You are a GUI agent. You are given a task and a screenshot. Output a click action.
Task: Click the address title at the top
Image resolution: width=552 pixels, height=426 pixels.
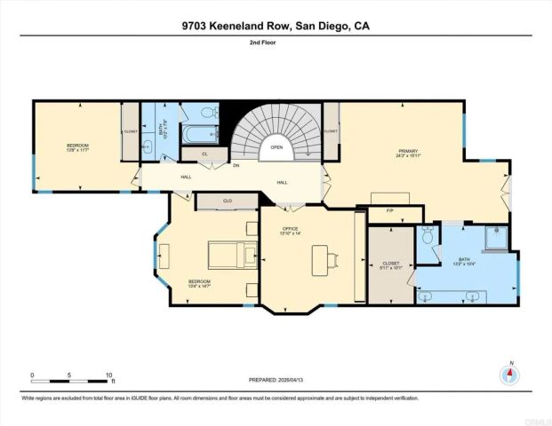pyautogui.click(x=276, y=27)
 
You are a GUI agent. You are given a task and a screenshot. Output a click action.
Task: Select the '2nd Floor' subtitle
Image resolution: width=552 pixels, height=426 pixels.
pyautogui.click(x=276, y=42)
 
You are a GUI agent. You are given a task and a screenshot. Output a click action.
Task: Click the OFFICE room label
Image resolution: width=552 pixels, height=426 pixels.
pyautogui.click(x=292, y=231)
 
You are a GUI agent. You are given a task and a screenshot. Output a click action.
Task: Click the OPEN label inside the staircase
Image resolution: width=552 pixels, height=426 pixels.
pyautogui.click(x=276, y=147)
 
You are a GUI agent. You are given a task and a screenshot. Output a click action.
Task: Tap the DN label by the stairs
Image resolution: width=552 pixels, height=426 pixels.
pyautogui.click(x=236, y=165)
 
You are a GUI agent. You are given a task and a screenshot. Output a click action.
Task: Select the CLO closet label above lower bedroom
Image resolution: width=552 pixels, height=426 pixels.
pyautogui.click(x=228, y=201)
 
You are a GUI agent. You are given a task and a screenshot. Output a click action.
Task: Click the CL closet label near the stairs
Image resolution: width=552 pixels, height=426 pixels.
pyautogui.click(x=204, y=154)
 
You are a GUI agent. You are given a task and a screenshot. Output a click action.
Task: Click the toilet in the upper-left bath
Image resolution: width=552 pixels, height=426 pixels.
pyautogui.click(x=206, y=113)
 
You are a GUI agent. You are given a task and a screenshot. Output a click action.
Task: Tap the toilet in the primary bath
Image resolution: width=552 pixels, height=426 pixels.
pyautogui.click(x=428, y=238)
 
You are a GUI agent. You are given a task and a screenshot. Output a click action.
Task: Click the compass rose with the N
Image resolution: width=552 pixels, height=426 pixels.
pyautogui.click(x=509, y=373)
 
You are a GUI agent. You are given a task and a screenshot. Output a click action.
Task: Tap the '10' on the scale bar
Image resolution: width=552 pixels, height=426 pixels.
pyautogui.click(x=108, y=375)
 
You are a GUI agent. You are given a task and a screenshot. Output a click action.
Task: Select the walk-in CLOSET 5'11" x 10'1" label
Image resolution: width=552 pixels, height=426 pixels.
pyautogui.click(x=392, y=264)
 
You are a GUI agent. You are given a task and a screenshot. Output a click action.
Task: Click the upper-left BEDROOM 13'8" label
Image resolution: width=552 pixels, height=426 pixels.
pyautogui.click(x=77, y=147)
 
